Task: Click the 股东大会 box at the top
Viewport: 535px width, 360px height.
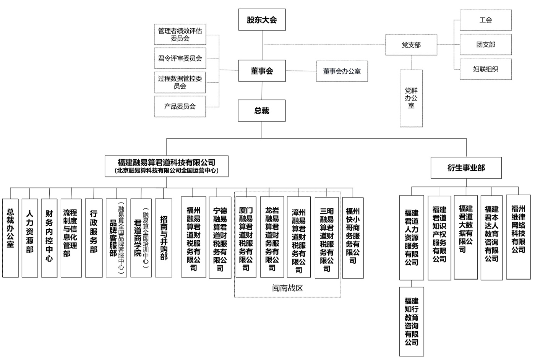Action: [x=262, y=20]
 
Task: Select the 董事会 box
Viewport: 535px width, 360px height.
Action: [x=262, y=71]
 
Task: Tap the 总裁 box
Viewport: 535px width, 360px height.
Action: [x=262, y=110]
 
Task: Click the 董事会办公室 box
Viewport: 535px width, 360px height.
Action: [x=342, y=71]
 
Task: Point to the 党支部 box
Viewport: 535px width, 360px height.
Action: [x=411, y=45]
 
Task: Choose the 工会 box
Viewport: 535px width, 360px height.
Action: [x=485, y=20]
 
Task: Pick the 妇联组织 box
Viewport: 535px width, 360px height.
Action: [x=485, y=69]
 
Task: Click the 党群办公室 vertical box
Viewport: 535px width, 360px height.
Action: [x=411, y=98]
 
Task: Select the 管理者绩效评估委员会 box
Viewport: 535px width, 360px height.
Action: [x=180, y=34]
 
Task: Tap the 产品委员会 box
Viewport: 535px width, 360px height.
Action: [x=180, y=107]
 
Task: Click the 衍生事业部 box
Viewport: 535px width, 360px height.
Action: [x=466, y=168]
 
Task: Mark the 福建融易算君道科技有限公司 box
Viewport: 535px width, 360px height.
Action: [x=167, y=166]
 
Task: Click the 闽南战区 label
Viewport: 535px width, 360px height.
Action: [x=287, y=288]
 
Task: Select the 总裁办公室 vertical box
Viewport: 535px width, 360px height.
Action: [x=10, y=237]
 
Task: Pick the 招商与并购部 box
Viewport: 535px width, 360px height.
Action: [x=164, y=237]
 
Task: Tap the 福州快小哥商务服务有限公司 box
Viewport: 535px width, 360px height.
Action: [x=352, y=237]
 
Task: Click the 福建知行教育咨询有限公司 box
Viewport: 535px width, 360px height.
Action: [x=412, y=321]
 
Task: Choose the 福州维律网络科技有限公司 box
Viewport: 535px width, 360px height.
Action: [x=518, y=237]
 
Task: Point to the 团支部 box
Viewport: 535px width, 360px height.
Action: [x=485, y=45]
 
